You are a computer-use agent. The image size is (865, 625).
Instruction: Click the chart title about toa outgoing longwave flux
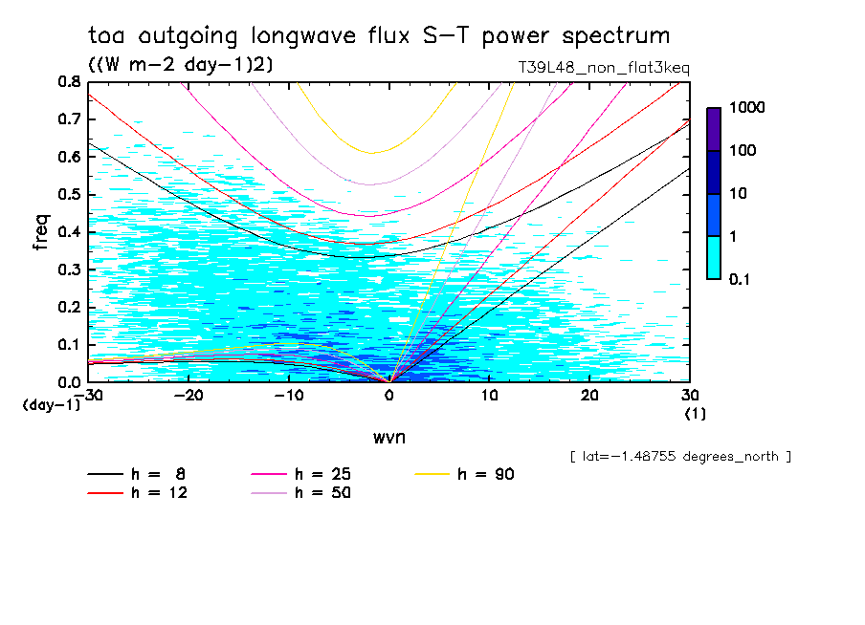[x=379, y=36]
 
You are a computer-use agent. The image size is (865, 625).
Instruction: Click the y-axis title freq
[x=41, y=231]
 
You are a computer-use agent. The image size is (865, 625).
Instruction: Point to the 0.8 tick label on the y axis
[x=69, y=82]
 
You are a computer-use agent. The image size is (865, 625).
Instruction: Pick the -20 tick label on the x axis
[x=188, y=395]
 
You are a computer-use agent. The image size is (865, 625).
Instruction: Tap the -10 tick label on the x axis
[x=288, y=395]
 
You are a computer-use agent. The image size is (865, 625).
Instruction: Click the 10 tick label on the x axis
[x=489, y=395]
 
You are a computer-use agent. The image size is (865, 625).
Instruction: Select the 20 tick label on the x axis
[x=589, y=395]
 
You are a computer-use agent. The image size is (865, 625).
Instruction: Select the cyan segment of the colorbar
[x=714, y=257]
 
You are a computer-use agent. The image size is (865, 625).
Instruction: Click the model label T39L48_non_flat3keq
[x=603, y=68]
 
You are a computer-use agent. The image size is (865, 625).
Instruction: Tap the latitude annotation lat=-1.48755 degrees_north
[x=680, y=456]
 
